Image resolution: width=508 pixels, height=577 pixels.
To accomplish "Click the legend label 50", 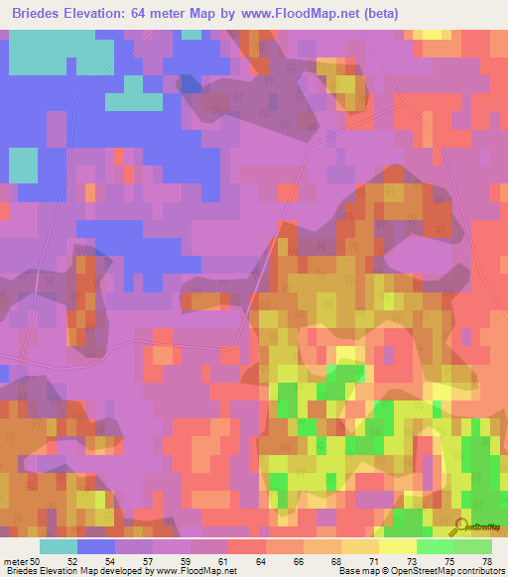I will pyautogui.click(x=36, y=560).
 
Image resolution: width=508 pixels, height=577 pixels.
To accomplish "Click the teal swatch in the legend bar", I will pyautogui.click(x=59, y=546).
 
